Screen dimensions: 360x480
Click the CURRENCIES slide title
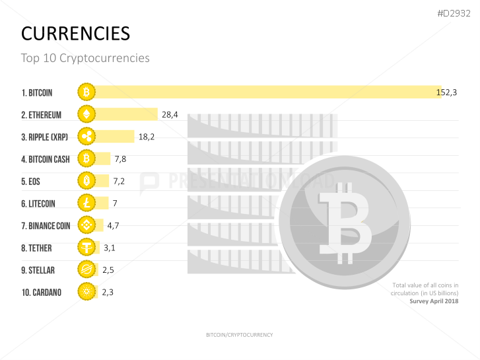[x=75, y=34]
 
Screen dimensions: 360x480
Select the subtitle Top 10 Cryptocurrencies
[x=85, y=58]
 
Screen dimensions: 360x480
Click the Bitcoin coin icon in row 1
[x=86, y=92]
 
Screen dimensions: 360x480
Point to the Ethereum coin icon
[x=86, y=114]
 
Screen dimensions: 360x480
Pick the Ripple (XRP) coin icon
[x=86, y=137]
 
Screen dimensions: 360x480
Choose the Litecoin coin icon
[x=86, y=203]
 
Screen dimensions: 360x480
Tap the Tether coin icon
[x=86, y=248]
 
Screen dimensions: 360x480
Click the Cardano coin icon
[x=86, y=292]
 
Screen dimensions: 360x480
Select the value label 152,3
[x=446, y=92]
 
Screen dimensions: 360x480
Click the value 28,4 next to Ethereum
[x=170, y=115]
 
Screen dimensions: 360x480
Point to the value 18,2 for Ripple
[x=146, y=137]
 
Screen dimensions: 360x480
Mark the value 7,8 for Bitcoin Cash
[x=120, y=159]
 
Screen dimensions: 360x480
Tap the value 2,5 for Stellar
[x=108, y=270]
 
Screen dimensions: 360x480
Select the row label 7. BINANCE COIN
[x=46, y=226]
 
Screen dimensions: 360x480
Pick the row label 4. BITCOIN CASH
[x=46, y=159]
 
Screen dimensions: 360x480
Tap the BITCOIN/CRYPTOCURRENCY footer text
[x=239, y=335]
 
